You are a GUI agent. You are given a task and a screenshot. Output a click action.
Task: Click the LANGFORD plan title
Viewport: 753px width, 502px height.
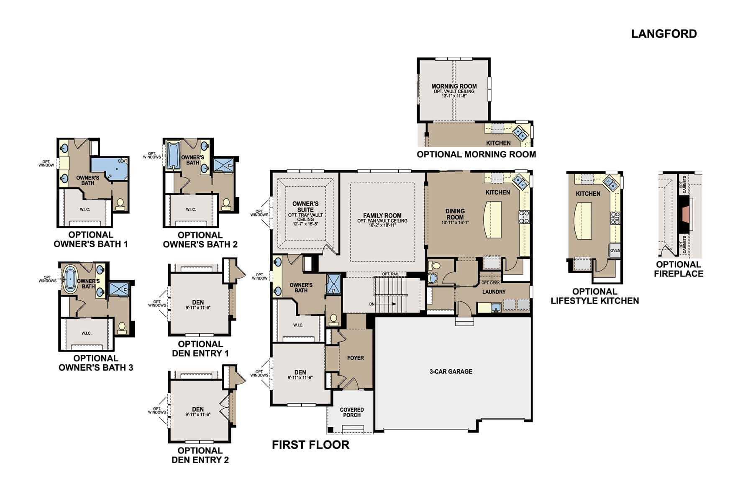click(x=664, y=34)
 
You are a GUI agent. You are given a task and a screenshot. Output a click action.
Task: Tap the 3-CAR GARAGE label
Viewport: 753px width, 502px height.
click(x=451, y=371)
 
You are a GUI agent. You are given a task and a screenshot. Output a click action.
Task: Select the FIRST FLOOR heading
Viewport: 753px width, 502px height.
click(x=310, y=445)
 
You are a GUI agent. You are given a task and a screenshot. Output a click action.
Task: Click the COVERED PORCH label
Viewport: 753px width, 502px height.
click(x=351, y=412)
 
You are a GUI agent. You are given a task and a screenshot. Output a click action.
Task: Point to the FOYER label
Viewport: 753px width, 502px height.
click(x=356, y=358)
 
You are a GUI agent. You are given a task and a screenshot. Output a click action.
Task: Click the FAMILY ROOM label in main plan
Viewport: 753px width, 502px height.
click(x=382, y=216)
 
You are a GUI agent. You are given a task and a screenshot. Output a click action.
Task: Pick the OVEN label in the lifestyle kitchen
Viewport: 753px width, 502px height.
click(x=615, y=251)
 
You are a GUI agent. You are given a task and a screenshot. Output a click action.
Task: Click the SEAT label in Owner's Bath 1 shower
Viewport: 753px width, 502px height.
click(x=123, y=161)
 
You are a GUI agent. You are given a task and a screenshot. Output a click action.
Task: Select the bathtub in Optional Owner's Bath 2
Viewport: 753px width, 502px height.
click(x=172, y=156)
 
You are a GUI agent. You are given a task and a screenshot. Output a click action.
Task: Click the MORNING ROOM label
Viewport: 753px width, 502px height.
click(x=454, y=87)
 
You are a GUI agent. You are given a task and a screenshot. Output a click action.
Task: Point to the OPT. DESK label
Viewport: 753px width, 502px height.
click(x=490, y=283)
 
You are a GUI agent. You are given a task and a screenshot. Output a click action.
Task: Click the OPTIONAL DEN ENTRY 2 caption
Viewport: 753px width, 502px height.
click(x=200, y=455)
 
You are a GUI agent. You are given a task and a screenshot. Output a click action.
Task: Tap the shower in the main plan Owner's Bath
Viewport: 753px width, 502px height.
click(x=334, y=284)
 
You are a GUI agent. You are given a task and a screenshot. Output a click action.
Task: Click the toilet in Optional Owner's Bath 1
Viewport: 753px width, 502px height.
click(x=120, y=204)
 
